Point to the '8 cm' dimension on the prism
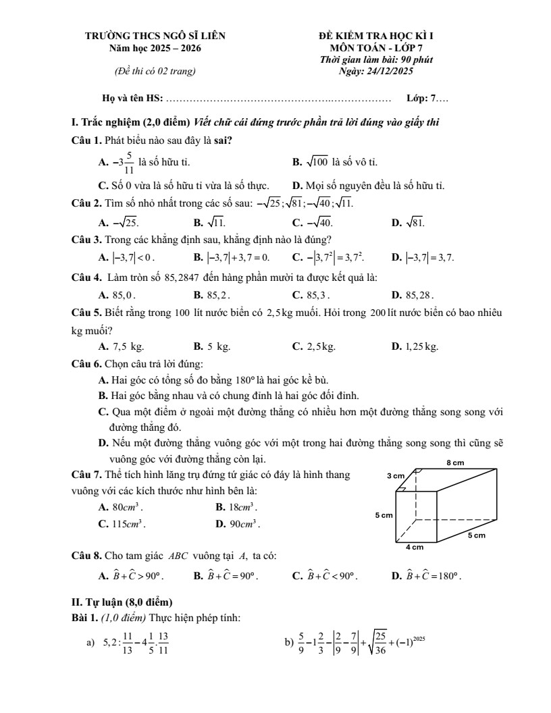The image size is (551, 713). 456,463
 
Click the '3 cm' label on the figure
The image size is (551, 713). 395,477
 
